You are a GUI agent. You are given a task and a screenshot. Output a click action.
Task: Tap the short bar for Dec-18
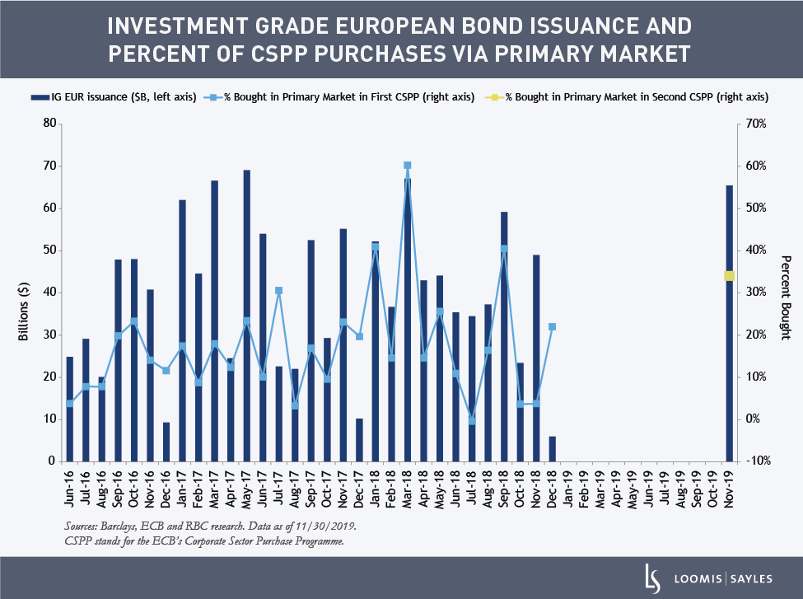click(552, 449)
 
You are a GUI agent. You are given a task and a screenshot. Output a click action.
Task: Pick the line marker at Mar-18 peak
click(407, 166)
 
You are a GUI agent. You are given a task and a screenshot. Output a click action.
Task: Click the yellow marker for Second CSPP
click(729, 276)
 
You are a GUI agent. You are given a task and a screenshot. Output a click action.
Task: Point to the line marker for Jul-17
click(279, 290)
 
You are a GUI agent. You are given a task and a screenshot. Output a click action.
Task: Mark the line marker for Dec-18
click(552, 327)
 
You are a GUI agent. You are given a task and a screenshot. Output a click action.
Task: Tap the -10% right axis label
click(756, 461)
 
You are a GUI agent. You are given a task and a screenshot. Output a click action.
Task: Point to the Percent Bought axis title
click(785, 297)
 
